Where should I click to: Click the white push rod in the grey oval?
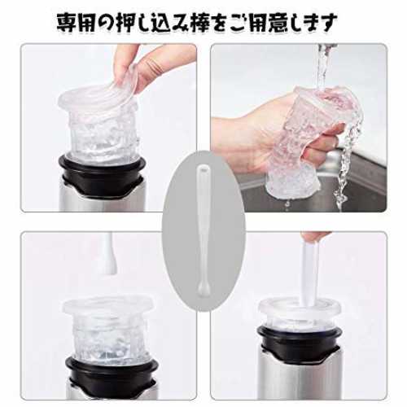(203, 230)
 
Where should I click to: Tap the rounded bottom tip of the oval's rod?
(202, 293)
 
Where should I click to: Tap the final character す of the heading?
(327, 23)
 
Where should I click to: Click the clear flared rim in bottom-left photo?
(108, 306)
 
